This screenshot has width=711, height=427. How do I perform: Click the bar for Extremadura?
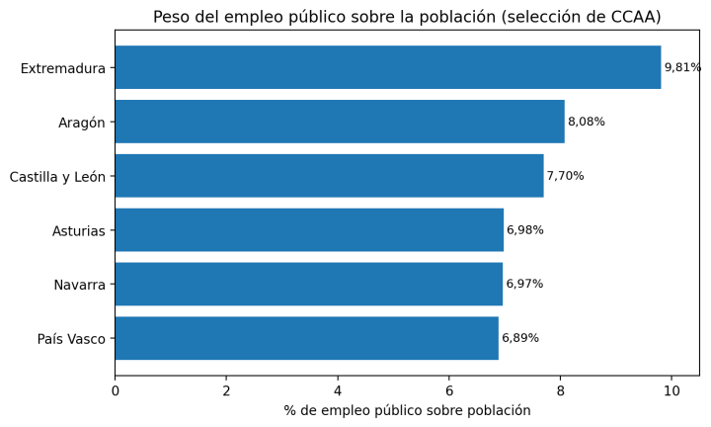(387, 67)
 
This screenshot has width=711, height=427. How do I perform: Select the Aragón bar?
(339, 122)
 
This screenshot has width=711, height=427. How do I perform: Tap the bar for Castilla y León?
(329, 176)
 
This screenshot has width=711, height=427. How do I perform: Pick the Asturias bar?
(308, 230)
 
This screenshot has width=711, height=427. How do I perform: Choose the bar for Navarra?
(308, 284)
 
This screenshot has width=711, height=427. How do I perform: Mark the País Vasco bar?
(306, 338)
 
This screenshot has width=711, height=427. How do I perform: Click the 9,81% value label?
(682, 67)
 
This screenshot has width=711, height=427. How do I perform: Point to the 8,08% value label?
(586, 122)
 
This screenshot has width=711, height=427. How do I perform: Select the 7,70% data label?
(565, 176)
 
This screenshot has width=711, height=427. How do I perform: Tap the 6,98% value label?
(524, 230)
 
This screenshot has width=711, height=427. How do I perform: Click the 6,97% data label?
(524, 284)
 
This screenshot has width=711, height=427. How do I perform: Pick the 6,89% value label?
(520, 338)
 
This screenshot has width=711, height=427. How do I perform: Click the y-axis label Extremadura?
(62, 68)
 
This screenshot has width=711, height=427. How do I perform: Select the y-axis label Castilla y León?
(57, 177)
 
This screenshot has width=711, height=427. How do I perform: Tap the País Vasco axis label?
(71, 339)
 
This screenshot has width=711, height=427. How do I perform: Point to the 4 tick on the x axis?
(338, 390)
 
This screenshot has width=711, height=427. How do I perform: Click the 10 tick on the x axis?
(671, 390)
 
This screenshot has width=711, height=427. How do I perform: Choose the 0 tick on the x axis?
(115, 390)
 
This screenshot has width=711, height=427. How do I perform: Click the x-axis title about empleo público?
(407, 410)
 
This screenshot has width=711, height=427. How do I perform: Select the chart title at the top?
(407, 17)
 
